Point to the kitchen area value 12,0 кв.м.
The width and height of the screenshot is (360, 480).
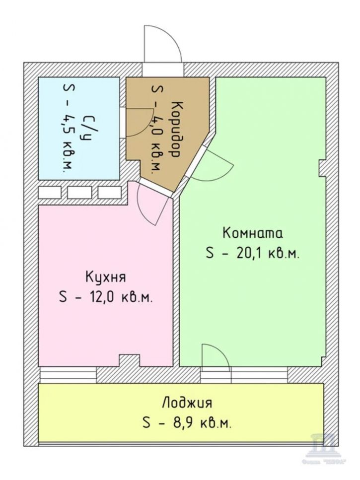[x=105, y=298]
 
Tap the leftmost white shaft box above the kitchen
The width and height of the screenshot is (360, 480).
[x=49, y=192]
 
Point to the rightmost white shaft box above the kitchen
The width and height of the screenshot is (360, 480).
[x=110, y=192]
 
